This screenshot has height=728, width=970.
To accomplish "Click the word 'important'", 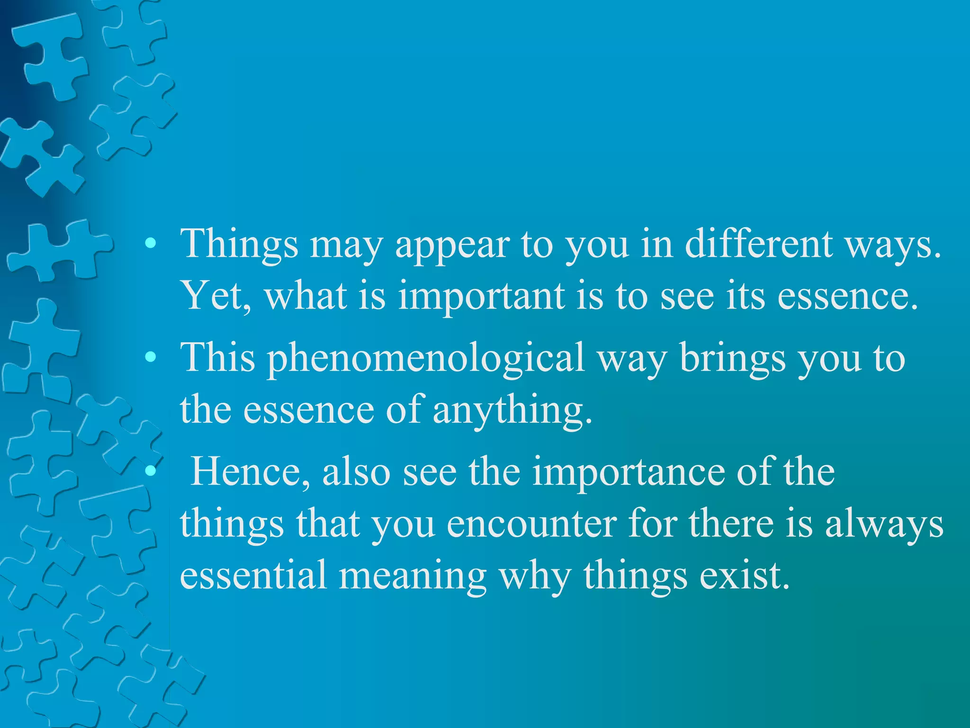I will (x=481, y=297).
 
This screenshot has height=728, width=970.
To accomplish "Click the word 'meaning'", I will (x=413, y=575).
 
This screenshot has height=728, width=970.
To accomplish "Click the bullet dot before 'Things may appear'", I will (x=151, y=244).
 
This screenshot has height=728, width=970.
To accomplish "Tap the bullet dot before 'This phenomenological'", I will (x=151, y=357).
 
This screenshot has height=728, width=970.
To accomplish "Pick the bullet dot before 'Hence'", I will (x=151, y=470).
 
